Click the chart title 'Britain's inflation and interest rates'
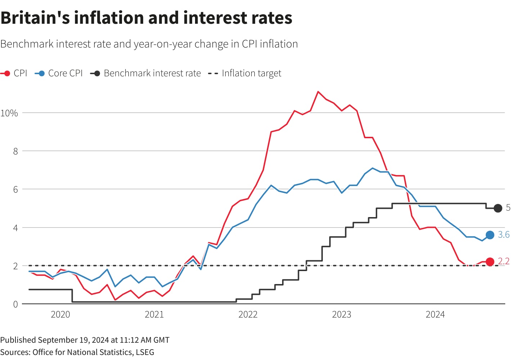pos(146,18)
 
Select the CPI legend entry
pos(14,73)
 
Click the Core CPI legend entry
pos(59,73)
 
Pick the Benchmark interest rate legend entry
pos(146,73)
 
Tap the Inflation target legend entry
pos(245,73)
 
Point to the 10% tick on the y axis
pos(9,113)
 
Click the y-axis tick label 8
pos(15,151)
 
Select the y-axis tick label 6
pos(15,189)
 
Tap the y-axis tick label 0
pos(15,304)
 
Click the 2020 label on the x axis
pos(60,315)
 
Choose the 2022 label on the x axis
pos(248,315)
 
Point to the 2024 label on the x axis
pos(435,315)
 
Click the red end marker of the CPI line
pos(490,262)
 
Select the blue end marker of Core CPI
pos(490,235)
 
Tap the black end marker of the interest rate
pos(498,208)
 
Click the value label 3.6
pos(503,235)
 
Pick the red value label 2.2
pos(503,261)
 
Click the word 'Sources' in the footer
pos(15,352)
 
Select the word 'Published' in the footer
pos(18,340)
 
